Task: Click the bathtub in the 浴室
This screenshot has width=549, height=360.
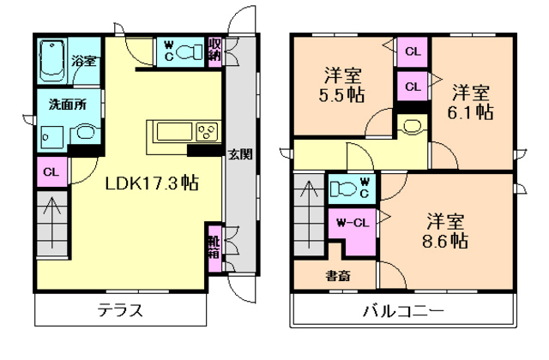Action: pyautogui.click(x=52, y=58)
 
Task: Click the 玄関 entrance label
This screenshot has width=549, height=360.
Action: pyautogui.click(x=239, y=155)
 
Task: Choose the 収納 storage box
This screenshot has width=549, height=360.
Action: pyautogui.click(x=214, y=49)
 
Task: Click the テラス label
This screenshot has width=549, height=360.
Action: pyautogui.click(x=119, y=310)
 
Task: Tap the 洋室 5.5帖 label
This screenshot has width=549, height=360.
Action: pyautogui.click(x=341, y=84)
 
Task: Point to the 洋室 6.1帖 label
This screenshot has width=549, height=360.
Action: pyautogui.click(x=472, y=101)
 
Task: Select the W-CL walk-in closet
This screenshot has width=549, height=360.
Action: pyautogui.click(x=353, y=225)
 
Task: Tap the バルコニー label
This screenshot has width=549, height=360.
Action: pyautogui.click(x=401, y=310)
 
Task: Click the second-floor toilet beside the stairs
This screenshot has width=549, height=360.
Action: pyautogui.click(x=347, y=188)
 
